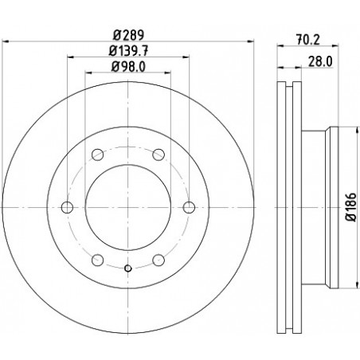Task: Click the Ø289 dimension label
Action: pyautogui.click(x=128, y=35)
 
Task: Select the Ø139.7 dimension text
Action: pyautogui.click(x=128, y=50)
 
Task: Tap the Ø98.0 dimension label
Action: pyautogui.click(x=128, y=66)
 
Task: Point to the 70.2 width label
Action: pyautogui.click(x=308, y=40)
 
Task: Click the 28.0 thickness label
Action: pyautogui.click(x=320, y=61)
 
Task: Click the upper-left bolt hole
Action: pyautogui.click(x=97, y=155)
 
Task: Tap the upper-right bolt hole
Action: pyautogui.click(x=158, y=155)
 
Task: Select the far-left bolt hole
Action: pyautogui.click(x=67, y=207)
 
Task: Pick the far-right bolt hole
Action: pyautogui.click(x=189, y=207)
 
